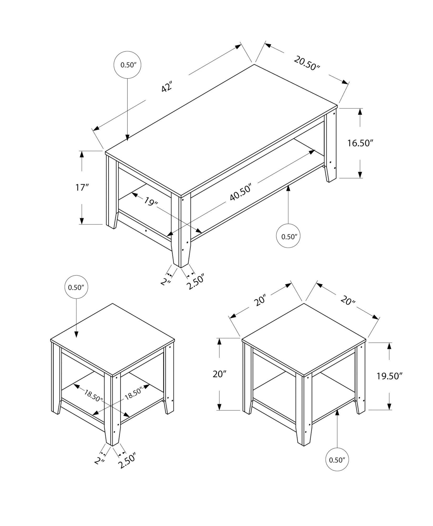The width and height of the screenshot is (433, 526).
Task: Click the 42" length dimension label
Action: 167,87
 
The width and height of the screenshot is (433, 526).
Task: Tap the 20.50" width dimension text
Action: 307,63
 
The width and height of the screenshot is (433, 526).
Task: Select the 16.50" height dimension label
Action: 360,143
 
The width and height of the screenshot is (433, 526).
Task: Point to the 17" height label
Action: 82,188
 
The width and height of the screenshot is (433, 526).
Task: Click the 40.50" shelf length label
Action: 241,193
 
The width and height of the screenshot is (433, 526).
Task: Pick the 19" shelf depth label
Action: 151,201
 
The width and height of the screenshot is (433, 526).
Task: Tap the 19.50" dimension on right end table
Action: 389,376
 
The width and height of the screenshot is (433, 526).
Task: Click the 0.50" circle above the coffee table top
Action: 127,65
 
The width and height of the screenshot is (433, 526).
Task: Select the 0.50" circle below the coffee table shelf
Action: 288,236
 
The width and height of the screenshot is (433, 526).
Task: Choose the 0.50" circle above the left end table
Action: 76,287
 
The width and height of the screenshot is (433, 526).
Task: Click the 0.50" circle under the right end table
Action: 337,459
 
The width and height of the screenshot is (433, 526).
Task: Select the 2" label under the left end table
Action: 100,461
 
